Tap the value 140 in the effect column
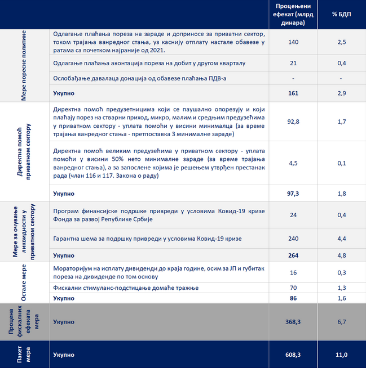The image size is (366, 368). click(x=293, y=42)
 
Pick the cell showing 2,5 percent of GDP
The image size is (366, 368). click(x=341, y=42)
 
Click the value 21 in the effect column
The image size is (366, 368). click(x=293, y=63)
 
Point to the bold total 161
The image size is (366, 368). click(x=293, y=93)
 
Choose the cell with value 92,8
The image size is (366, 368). click(x=293, y=121)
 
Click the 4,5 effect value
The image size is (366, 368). click(x=293, y=164)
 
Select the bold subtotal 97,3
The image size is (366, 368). click(x=293, y=193)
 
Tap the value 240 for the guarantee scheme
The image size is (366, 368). click(x=293, y=239)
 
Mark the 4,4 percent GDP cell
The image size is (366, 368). click(x=341, y=239)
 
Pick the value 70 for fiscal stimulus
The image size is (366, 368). click(x=293, y=288)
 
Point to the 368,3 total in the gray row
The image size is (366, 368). click(x=293, y=322)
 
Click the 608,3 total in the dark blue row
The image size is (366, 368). click(x=293, y=355)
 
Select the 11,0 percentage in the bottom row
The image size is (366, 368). click(x=341, y=355)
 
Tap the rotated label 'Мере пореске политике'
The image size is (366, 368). click(x=24, y=66)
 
